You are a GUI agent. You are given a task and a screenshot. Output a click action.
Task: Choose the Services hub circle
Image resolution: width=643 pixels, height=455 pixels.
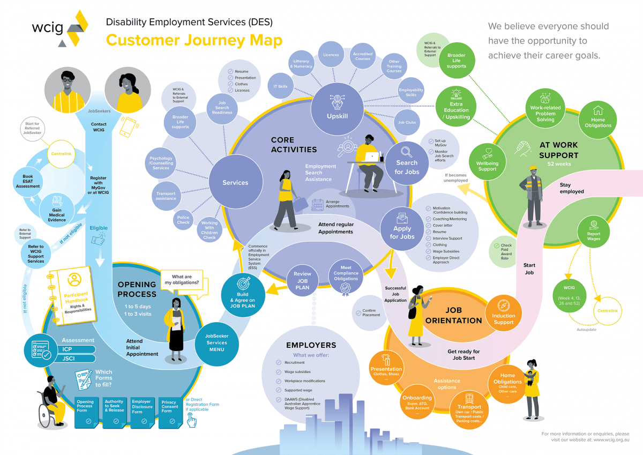[x=235, y=182]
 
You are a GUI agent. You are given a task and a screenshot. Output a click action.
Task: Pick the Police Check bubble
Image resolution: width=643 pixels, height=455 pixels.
[x=183, y=219]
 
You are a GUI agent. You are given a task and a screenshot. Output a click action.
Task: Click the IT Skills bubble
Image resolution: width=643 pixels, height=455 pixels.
[x=280, y=86]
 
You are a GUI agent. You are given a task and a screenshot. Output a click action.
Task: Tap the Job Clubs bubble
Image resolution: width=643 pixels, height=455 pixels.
[x=407, y=123]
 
